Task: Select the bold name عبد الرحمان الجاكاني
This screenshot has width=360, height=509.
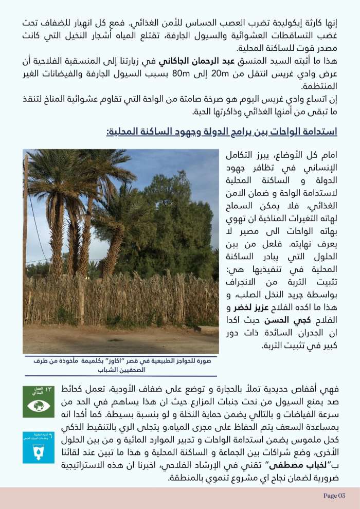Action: pos(174,62)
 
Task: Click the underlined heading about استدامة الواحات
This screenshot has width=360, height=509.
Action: pos(222,132)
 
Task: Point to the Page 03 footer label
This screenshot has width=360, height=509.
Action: pos(334,496)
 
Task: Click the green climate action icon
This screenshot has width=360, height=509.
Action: pos(39,401)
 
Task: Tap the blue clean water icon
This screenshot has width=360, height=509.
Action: pos(39,448)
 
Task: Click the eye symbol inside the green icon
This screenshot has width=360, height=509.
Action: pos(39,405)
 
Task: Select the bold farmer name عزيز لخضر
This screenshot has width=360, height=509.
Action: pos(250,308)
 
